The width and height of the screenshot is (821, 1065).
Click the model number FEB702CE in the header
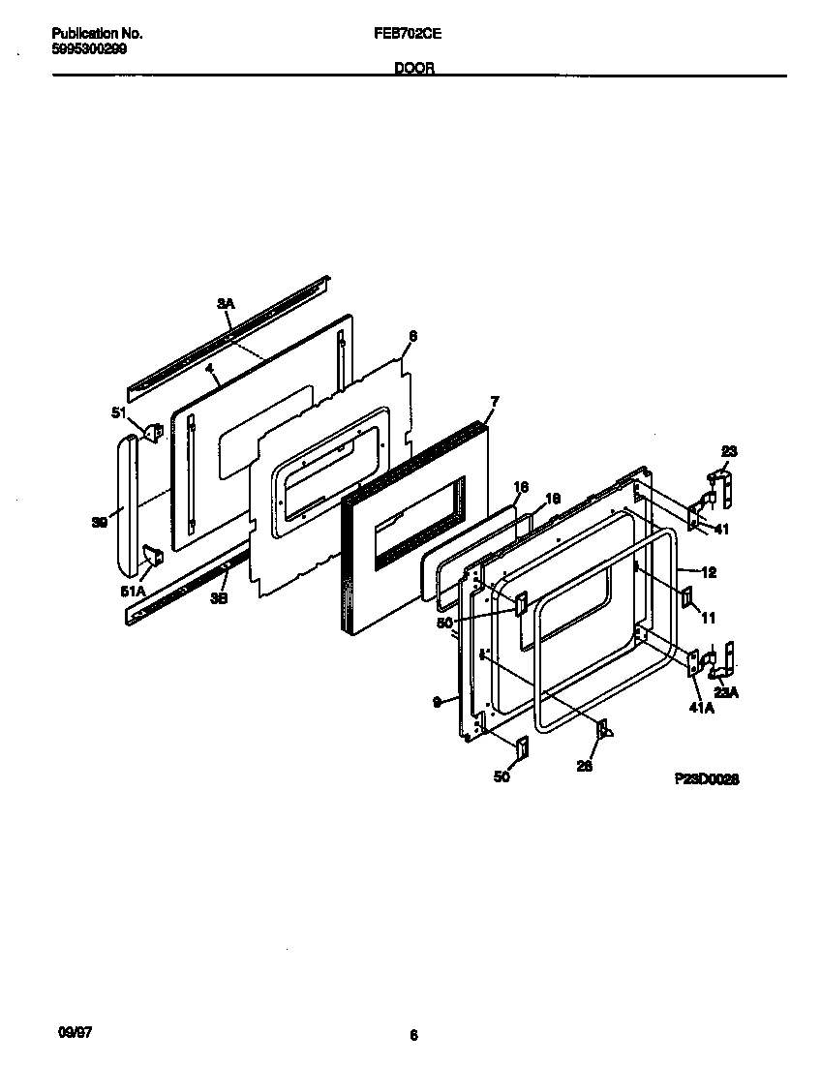click(409, 33)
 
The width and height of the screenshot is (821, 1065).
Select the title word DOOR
click(413, 69)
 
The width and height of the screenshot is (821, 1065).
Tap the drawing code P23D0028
click(708, 778)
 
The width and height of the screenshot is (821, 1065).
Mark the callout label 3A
click(225, 304)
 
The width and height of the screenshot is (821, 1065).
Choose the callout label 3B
click(219, 598)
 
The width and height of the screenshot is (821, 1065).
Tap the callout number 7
click(495, 401)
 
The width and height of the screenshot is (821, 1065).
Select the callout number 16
click(520, 487)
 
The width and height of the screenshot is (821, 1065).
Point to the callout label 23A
click(725, 691)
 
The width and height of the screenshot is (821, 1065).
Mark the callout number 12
click(709, 572)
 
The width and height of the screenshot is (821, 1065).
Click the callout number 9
click(439, 699)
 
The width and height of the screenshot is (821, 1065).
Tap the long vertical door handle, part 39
click(123, 503)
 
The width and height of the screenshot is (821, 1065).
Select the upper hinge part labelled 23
click(721, 489)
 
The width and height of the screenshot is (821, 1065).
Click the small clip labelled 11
click(686, 597)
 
